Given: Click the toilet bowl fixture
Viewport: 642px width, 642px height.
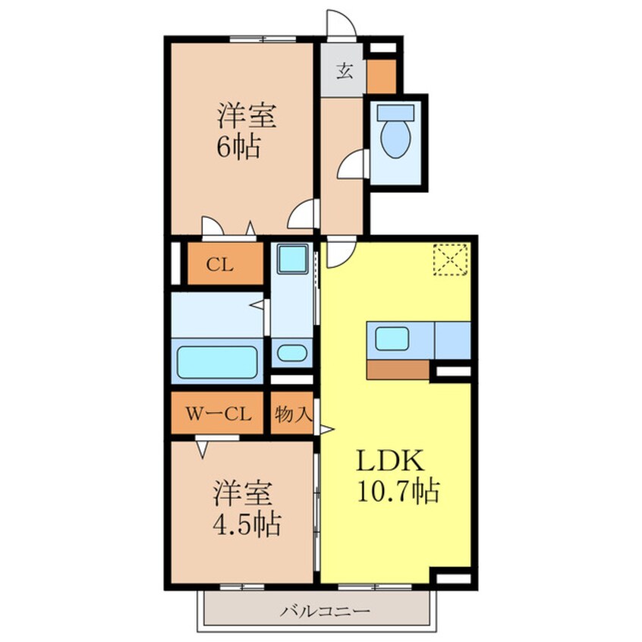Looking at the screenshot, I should [395, 140].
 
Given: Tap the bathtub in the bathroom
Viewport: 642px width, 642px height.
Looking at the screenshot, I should [217, 362].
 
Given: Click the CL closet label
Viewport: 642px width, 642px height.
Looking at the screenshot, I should [220, 265].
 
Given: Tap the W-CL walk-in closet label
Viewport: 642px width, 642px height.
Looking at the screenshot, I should [219, 414].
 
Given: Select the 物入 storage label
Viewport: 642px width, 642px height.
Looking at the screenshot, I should [292, 414].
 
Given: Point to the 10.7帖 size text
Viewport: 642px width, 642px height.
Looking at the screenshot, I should [396, 493].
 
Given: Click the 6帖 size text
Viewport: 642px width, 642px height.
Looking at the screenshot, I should [238, 146].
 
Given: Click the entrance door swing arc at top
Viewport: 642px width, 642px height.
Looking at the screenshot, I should [338, 22].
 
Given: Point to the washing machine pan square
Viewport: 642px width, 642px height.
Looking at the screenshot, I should [291, 260].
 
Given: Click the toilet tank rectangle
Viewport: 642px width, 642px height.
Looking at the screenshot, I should [395, 112].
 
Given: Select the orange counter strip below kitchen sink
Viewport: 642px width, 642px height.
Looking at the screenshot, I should [398, 370].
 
